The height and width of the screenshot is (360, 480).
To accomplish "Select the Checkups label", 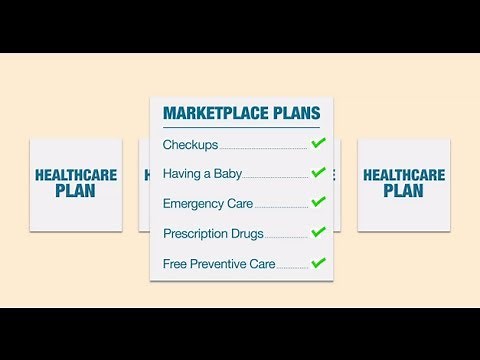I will click(x=190, y=145).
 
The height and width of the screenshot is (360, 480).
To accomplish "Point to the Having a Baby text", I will click(x=202, y=174).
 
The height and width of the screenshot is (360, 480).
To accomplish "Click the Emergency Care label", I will click(x=208, y=204).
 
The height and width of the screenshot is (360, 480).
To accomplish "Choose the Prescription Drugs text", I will click(x=213, y=234).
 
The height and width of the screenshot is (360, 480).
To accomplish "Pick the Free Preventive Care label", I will click(x=219, y=264).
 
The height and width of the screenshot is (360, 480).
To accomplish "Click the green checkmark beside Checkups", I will click(x=318, y=144).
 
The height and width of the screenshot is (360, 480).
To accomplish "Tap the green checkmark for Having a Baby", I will click(x=318, y=173).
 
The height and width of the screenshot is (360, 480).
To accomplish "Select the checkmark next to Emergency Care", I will click(x=318, y=203).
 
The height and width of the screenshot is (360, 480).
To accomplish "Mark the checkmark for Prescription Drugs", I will click(x=318, y=233).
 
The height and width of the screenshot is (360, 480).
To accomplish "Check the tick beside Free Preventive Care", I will click(x=318, y=263).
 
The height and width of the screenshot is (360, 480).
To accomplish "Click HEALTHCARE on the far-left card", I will click(x=76, y=175).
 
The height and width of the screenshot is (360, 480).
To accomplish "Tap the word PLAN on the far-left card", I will click(x=76, y=191).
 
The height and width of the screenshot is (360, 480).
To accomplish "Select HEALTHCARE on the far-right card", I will click(x=403, y=175).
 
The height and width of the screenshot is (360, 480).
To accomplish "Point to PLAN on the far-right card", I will click(x=403, y=191).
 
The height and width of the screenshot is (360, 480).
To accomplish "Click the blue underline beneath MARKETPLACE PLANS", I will click(x=241, y=127).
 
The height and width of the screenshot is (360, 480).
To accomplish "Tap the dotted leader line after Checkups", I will click(x=263, y=148).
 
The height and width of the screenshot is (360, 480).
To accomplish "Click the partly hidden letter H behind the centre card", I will click(x=146, y=175).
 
